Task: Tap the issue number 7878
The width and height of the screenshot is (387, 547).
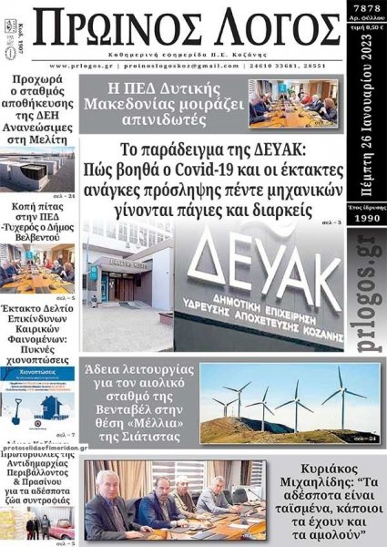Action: tap(366, 7)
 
